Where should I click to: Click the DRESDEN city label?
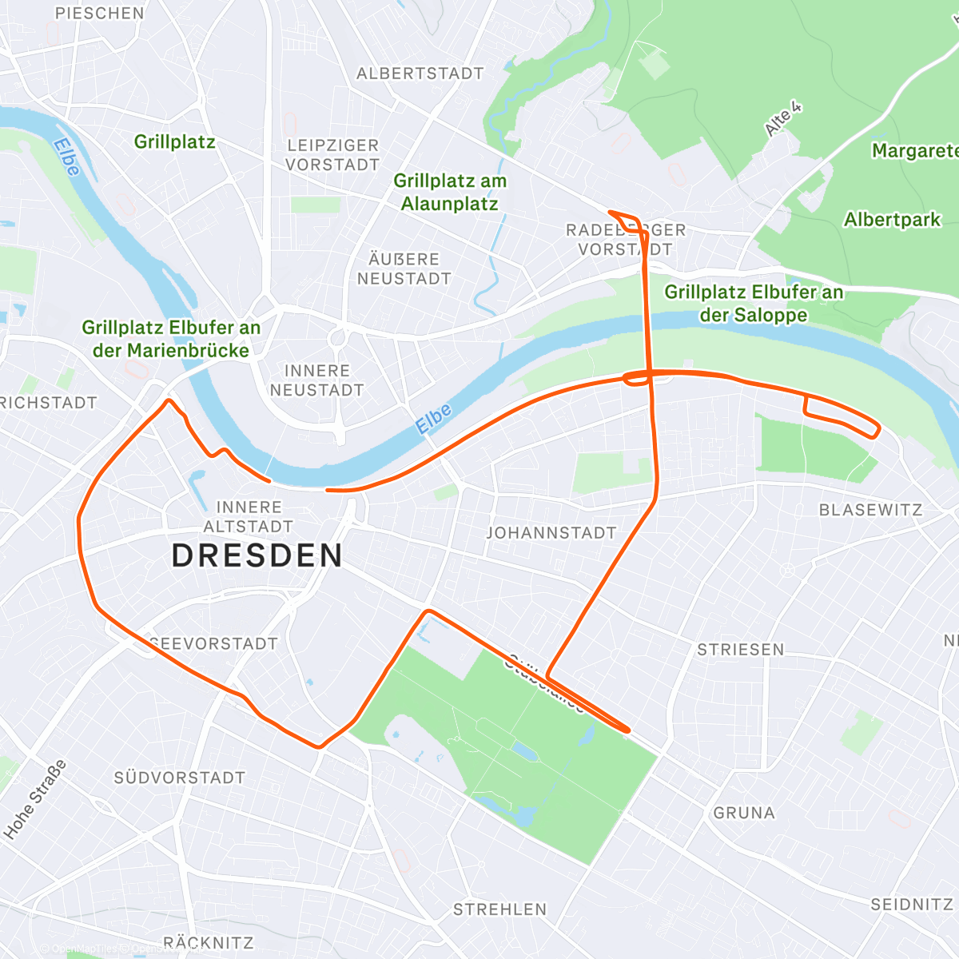click(x=257, y=555)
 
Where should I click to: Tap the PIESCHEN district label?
click(x=100, y=14)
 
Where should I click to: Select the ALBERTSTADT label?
click(x=420, y=74)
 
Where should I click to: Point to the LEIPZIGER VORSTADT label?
click(x=332, y=155)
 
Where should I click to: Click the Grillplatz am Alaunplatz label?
click(x=450, y=193)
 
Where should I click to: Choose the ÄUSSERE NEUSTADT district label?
click(x=404, y=269)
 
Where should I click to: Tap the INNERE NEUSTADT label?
click(x=317, y=380)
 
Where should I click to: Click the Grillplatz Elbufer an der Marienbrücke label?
click(x=171, y=339)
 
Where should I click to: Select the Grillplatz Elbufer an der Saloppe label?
click(x=754, y=304)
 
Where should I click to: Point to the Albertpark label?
click(x=893, y=220)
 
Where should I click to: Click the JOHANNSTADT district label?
click(x=551, y=533)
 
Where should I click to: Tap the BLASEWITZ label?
click(x=870, y=510)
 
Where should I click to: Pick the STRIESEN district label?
click(x=741, y=650)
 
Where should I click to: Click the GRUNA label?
click(x=744, y=813)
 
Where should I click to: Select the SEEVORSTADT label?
click(x=214, y=643)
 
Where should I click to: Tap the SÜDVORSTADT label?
click(x=180, y=778)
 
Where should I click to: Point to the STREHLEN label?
click(x=500, y=909)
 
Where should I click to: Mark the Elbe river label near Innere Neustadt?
click(x=434, y=419)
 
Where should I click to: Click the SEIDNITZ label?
click(x=912, y=905)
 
